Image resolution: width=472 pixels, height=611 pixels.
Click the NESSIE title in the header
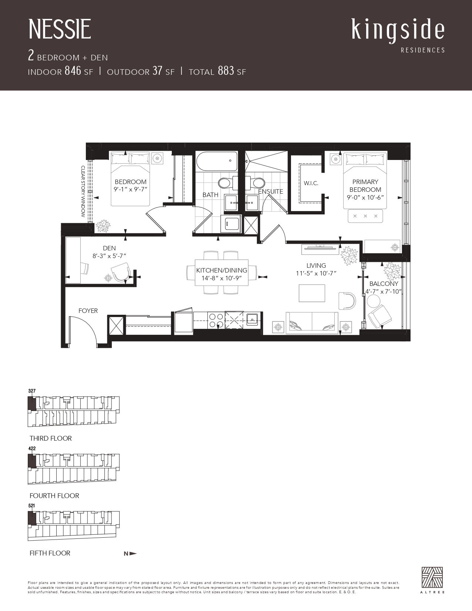pyautogui.click(x=60, y=29)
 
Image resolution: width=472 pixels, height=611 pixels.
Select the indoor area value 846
pyautogui.click(x=73, y=71)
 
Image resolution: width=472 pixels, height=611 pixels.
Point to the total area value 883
pyautogui.click(x=226, y=71)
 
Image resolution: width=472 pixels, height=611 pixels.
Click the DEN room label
pyautogui.click(x=109, y=248)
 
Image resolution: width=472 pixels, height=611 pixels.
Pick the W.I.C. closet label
pyautogui.click(x=311, y=183)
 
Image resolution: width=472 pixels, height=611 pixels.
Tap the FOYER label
pyautogui.click(x=88, y=311)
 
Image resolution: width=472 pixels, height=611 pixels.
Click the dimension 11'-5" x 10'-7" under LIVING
pyautogui.click(x=316, y=273)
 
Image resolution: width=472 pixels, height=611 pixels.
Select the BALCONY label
pyautogui.click(x=384, y=284)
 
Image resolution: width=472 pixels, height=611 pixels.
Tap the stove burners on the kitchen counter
pyautogui.click(x=216, y=321)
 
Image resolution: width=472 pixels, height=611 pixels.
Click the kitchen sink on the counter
pyautogui.click(x=252, y=319)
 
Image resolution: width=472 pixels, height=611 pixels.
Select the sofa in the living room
pyautogui.click(x=312, y=323)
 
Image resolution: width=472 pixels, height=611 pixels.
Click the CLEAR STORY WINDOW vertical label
pyautogui.click(x=83, y=191)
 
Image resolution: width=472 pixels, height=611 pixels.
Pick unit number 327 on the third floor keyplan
pyautogui.click(x=32, y=391)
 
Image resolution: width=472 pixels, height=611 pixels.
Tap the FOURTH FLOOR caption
pyautogui.click(x=54, y=496)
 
